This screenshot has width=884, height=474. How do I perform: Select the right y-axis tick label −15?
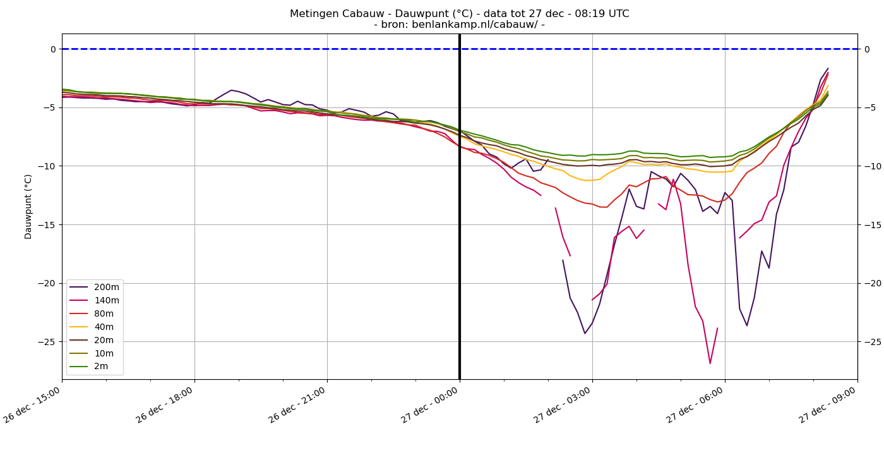[871, 225]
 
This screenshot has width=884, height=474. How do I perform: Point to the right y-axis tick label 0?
[867, 49]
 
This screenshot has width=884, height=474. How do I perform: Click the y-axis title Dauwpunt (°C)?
[28, 207]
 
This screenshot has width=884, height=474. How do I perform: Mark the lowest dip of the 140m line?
[710, 363]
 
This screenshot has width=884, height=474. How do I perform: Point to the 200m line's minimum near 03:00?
[585, 333]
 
